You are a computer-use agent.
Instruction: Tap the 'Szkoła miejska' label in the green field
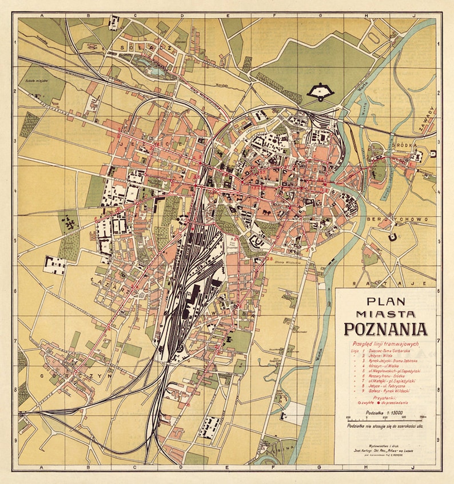coord(36,81)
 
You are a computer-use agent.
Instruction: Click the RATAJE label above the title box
coord(390,283)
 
